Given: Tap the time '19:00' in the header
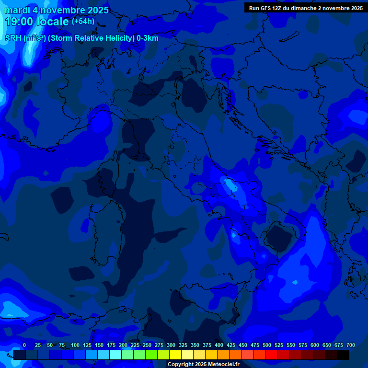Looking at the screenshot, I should [x=19, y=22].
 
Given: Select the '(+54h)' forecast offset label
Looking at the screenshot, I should [x=83, y=22].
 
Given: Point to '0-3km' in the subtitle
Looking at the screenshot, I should [x=148, y=38].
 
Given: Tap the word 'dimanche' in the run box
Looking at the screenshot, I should [x=303, y=8].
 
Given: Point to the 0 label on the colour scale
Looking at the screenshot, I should [x=24, y=345].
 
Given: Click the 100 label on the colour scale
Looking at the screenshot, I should [x=75, y=345].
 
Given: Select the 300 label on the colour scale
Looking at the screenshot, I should [x=171, y=345].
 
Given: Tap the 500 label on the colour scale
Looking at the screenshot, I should [x=267, y=345].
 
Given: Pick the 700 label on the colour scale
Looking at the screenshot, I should [x=351, y=345].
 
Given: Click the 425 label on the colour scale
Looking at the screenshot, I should [x=231, y=345].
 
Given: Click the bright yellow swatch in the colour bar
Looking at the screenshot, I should [x=175, y=355].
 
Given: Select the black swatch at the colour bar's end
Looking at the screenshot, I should [x=343, y=355].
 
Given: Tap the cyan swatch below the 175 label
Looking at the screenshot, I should [x=115, y=355].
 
